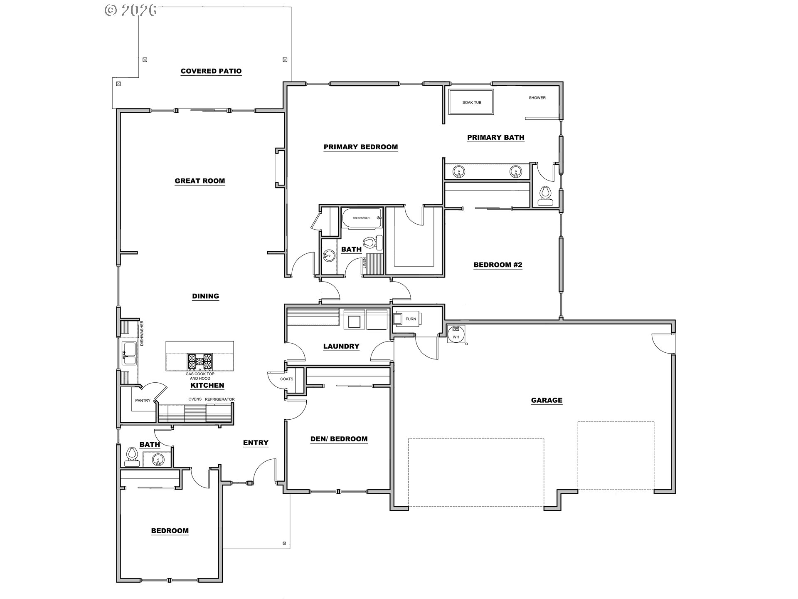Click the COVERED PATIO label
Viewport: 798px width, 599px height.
(x=211, y=71)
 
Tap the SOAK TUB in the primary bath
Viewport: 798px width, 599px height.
(x=471, y=102)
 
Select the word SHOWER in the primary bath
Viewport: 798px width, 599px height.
(x=537, y=98)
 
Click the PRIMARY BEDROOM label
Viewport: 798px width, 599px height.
(x=361, y=147)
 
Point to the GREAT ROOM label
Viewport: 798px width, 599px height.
(x=200, y=181)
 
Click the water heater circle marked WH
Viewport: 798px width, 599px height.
(x=456, y=334)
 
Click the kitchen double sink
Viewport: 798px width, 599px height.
(x=129, y=354)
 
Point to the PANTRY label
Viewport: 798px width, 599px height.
(x=143, y=401)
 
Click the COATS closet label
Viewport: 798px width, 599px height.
(x=287, y=379)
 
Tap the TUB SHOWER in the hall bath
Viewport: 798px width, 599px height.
(x=361, y=218)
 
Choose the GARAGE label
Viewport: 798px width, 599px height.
(x=547, y=400)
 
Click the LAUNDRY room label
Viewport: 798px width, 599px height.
(x=341, y=346)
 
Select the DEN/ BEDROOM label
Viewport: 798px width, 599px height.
(x=339, y=439)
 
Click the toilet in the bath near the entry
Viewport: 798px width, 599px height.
(x=132, y=455)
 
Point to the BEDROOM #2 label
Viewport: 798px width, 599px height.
(x=498, y=265)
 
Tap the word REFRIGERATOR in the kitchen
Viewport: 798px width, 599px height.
(x=220, y=399)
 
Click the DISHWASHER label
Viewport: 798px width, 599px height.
(x=142, y=333)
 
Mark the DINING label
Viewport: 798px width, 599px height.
(x=206, y=296)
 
